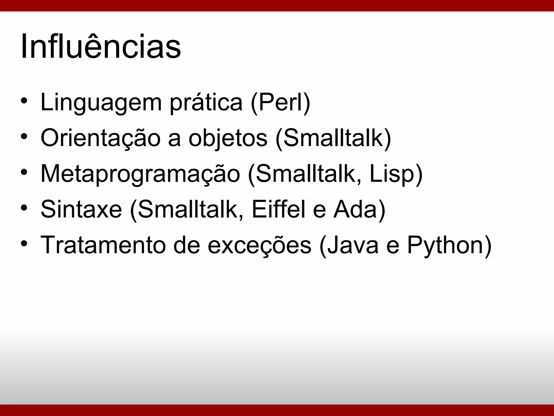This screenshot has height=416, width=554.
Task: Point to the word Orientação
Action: pos(101,138)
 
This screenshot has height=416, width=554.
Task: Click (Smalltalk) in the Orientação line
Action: pos(333,138)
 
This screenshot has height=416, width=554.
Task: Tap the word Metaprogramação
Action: pos(140,174)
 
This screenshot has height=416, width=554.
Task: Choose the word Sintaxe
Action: pos(81,209)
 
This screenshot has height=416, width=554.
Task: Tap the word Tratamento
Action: pos(103,245)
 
